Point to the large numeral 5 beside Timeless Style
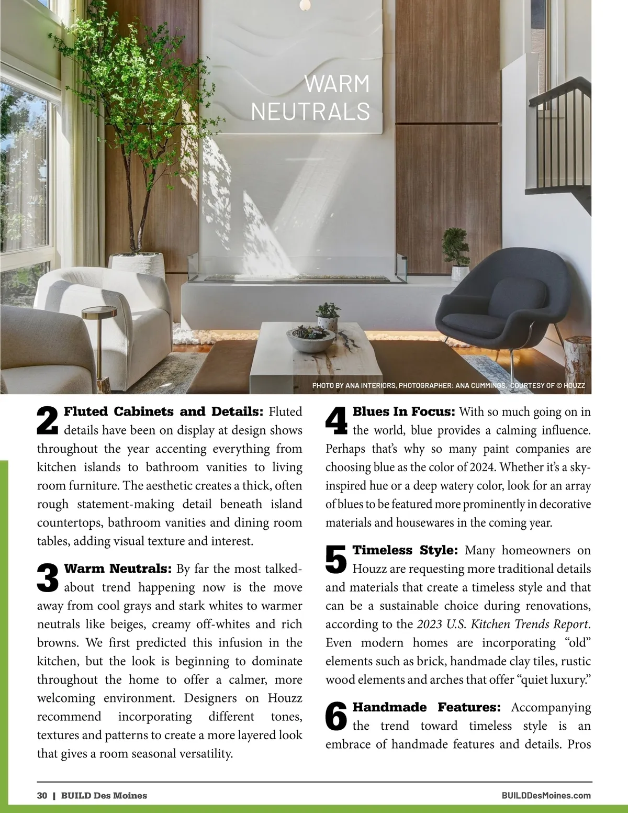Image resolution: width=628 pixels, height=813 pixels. click(x=337, y=559)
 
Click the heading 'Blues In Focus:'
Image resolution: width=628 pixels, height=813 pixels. click(x=403, y=411)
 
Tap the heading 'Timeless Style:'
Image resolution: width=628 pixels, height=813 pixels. click(x=406, y=550)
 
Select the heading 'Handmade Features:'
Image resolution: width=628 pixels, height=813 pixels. click(x=427, y=707)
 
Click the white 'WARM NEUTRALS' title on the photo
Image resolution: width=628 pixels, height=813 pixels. click(x=311, y=98)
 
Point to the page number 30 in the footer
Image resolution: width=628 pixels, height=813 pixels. click(x=42, y=795)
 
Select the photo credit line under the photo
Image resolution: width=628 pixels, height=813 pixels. click(x=448, y=386)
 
